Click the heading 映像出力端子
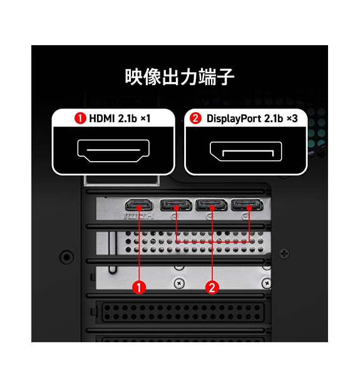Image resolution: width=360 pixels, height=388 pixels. click(x=180, y=77)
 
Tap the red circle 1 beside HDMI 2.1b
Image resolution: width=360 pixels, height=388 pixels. click(x=80, y=118)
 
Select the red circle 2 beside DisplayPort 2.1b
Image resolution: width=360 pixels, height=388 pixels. click(x=195, y=118)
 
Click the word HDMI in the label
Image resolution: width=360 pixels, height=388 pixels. click(x=102, y=118)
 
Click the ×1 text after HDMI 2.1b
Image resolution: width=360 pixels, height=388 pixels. click(x=145, y=118)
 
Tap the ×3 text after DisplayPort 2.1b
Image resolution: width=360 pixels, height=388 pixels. click(x=292, y=118)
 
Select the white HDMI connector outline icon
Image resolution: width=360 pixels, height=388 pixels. click(x=113, y=150)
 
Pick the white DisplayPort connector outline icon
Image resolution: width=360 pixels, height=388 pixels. click(x=245, y=152)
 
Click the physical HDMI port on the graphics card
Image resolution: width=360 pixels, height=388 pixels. click(x=139, y=206)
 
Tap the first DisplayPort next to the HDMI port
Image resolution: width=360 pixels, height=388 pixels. click(x=176, y=205)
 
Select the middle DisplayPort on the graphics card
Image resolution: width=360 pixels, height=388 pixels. click(x=212, y=205)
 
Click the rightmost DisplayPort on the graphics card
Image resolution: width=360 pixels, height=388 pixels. click(x=247, y=205)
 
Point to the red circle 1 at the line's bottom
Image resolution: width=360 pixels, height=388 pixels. click(x=139, y=287)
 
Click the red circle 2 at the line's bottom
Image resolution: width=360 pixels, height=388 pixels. click(x=212, y=287)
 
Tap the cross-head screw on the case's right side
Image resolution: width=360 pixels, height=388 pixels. click(x=284, y=254)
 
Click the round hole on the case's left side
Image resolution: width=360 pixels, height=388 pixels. click(x=67, y=257)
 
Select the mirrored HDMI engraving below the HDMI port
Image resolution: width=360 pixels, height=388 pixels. click(x=139, y=216)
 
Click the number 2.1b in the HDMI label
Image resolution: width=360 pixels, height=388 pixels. click(x=127, y=118)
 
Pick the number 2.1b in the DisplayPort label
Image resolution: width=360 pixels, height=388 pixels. click(x=274, y=118)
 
